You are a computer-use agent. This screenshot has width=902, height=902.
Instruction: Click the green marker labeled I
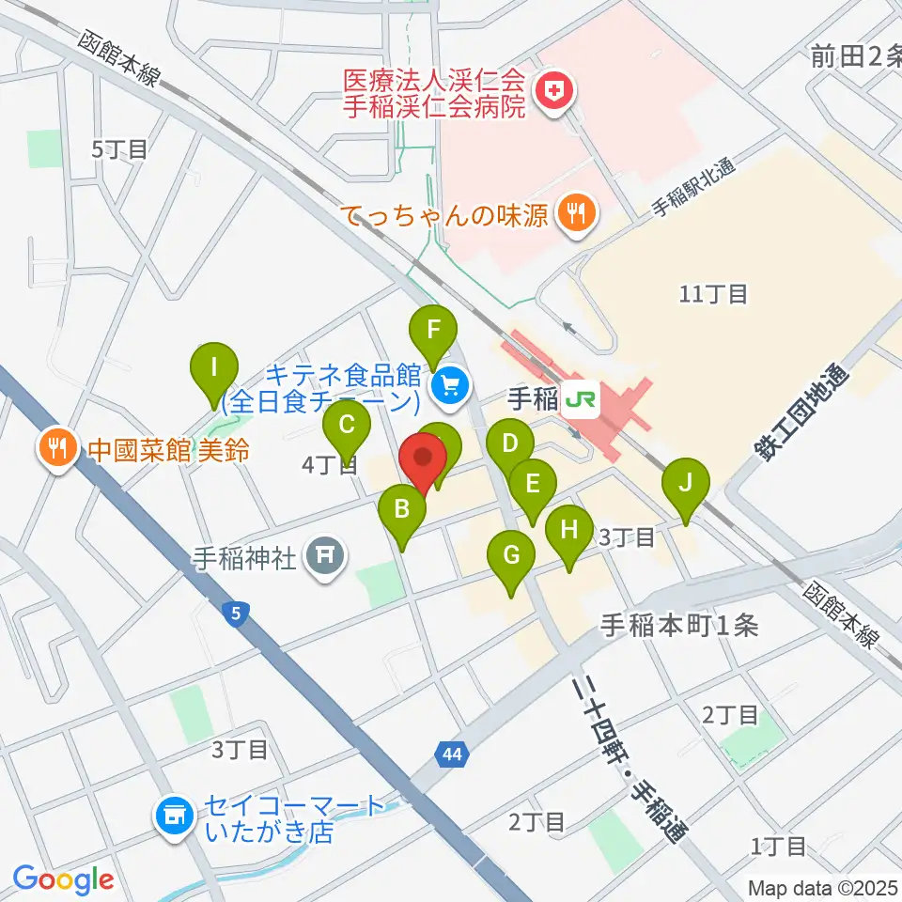(214, 367)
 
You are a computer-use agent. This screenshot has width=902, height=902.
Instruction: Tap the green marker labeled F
(433, 331)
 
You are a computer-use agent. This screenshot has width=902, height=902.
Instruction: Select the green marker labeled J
(686, 485)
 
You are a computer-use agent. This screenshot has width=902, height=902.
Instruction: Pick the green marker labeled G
(511, 555)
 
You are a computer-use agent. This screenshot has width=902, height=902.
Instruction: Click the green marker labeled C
(346, 426)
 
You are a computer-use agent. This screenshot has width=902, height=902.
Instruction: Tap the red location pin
(423, 461)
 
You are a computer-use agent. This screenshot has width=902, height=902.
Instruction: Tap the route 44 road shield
(449, 752)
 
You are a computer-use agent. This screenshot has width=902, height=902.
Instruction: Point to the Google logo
(62, 879)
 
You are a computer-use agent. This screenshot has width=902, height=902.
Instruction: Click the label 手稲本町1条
(679, 626)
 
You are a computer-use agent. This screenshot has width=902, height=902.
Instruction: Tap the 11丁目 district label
(713, 295)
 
